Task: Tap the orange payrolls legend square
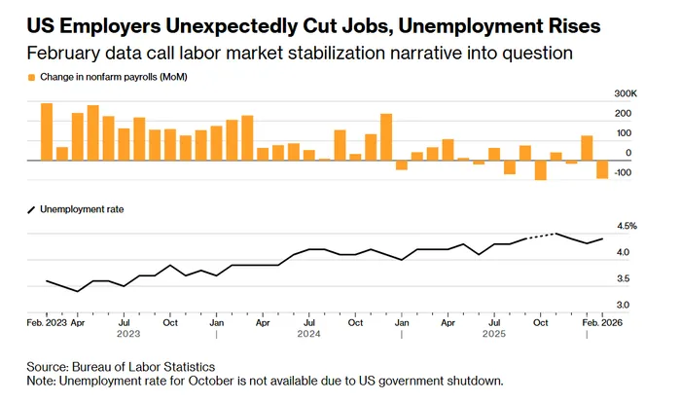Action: (31, 77)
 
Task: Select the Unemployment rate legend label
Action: (83, 208)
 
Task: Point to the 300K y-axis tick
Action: (622, 93)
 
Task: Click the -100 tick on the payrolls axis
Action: (623, 173)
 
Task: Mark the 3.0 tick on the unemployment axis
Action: (623, 306)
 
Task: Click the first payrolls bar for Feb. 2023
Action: (47, 131)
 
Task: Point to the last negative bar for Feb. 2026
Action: (602, 169)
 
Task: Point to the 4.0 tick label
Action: (623, 253)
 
